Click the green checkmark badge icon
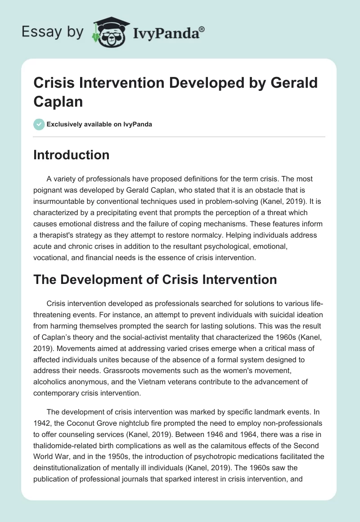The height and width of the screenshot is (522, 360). click(x=39, y=124)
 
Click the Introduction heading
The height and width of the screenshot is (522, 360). click(x=72, y=155)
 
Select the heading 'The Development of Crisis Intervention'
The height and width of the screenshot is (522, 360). click(x=155, y=279)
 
